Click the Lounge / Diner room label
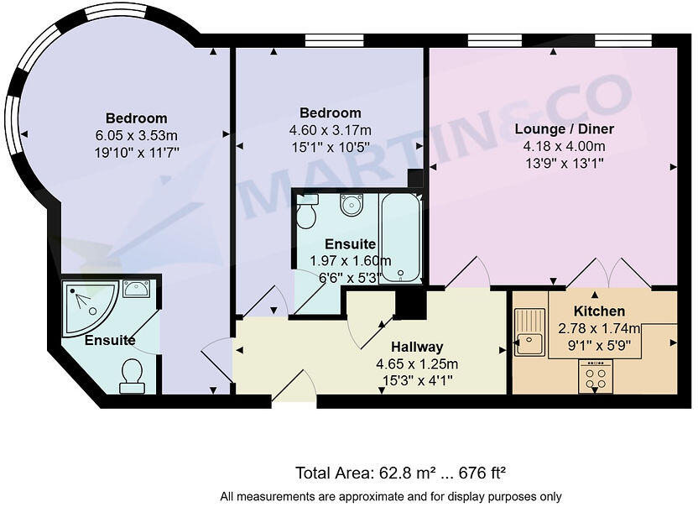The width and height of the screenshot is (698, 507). [553, 129]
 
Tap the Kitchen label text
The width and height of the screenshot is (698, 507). [599, 311]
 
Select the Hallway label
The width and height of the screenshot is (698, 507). [416, 347]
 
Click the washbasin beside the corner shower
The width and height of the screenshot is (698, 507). [137, 289]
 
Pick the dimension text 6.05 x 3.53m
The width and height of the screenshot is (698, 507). [136, 135]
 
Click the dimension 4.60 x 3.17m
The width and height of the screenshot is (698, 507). [331, 130]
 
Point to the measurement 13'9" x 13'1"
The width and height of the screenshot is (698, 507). [553, 163]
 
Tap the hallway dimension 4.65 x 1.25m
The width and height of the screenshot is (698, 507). [416, 363]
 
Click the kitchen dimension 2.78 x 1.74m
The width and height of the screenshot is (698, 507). [599, 328]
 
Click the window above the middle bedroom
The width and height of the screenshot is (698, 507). [334, 40]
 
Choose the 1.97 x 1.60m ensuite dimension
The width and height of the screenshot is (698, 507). [339, 260]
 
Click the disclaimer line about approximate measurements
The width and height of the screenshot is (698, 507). [391, 496]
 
